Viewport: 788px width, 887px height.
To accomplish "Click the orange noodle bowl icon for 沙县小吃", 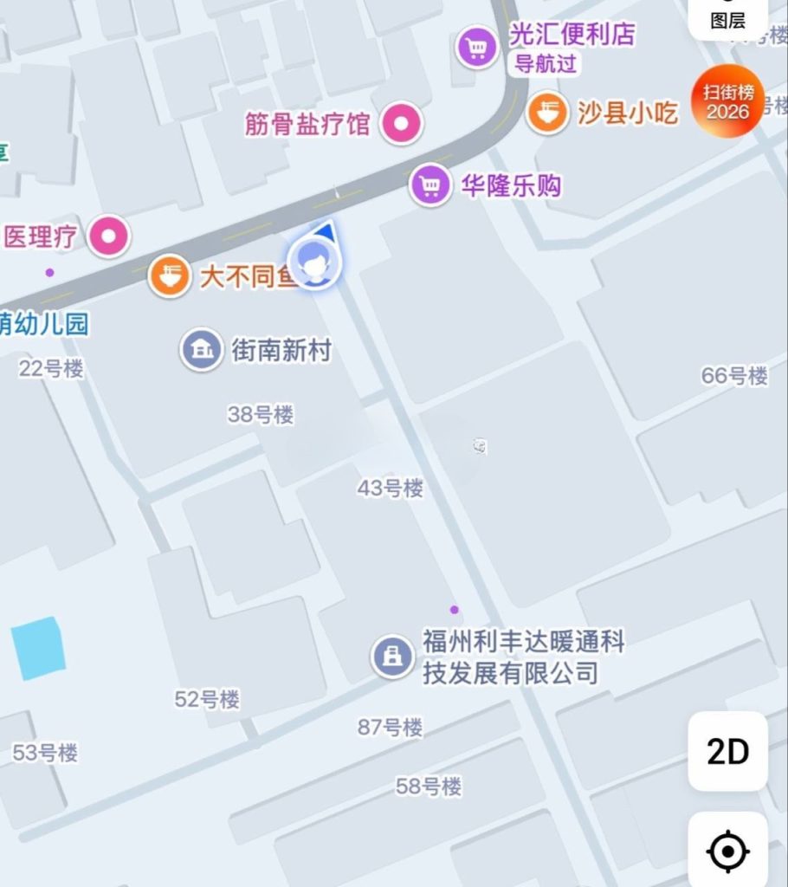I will click(x=547, y=113).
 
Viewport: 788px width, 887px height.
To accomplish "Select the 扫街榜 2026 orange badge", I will click(x=727, y=101).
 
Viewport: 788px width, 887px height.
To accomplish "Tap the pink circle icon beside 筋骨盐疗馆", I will click(x=402, y=124).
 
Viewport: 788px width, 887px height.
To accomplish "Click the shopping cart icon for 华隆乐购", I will click(x=430, y=185).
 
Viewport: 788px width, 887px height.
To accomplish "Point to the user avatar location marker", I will click(x=315, y=262).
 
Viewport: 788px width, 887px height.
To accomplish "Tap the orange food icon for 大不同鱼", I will click(x=170, y=277).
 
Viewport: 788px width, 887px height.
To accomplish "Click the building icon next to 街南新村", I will click(x=201, y=350).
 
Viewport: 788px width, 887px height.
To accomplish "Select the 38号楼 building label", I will click(x=261, y=415).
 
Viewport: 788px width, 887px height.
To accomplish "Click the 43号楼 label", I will click(x=391, y=489).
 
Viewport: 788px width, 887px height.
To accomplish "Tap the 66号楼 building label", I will click(x=734, y=376).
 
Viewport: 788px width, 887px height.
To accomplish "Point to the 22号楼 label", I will click(x=51, y=369).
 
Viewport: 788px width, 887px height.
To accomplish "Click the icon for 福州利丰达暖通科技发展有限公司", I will click(x=393, y=657).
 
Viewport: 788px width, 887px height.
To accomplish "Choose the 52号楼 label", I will click(x=207, y=699).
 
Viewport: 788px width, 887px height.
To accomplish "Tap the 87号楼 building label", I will click(x=391, y=727).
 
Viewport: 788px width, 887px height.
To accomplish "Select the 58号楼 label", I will click(x=429, y=787).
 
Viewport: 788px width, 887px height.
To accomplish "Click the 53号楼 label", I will click(x=45, y=753).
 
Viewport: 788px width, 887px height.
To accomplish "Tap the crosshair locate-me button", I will click(x=727, y=851).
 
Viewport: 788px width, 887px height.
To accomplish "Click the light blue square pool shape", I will click(x=38, y=648).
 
